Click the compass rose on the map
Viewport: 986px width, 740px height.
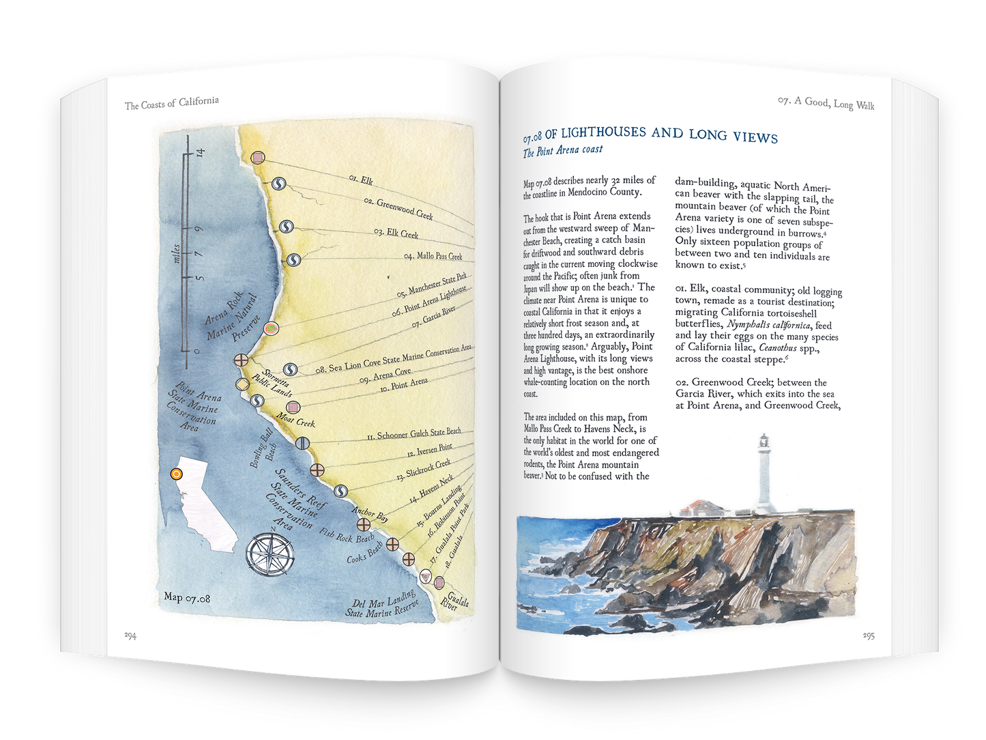click(x=270, y=552)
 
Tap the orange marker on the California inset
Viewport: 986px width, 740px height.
click(x=176, y=473)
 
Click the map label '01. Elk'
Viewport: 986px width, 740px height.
click(x=361, y=180)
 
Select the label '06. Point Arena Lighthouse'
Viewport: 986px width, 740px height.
click(x=430, y=300)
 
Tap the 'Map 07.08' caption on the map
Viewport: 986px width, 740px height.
click(x=187, y=598)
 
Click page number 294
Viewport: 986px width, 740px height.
click(x=130, y=636)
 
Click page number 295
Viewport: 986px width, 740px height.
click(x=869, y=636)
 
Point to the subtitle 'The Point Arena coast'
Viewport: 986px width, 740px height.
click(x=563, y=150)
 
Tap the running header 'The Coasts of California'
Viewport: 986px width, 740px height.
click(x=172, y=103)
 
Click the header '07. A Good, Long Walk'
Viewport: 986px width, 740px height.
click(x=826, y=103)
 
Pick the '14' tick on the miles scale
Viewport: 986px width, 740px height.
click(x=200, y=152)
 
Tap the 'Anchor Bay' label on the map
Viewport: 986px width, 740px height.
click(x=371, y=514)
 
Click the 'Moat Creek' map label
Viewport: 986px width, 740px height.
click(x=295, y=419)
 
